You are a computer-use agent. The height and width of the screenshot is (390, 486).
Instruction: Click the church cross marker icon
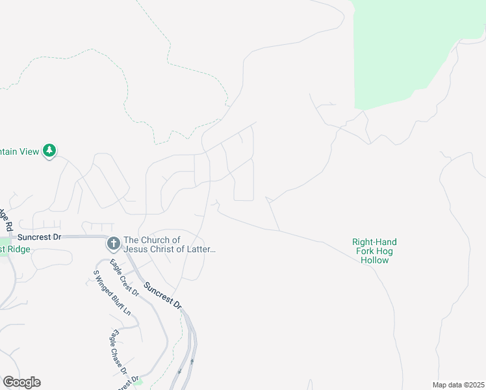pyautogui.click(x=113, y=244)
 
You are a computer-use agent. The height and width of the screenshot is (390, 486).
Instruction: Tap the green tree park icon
pyautogui.click(x=49, y=151)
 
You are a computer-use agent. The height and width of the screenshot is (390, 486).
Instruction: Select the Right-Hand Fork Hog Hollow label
pyautogui.click(x=374, y=251)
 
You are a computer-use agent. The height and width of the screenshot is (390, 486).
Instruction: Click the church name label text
pyautogui.click(x=169, y=244)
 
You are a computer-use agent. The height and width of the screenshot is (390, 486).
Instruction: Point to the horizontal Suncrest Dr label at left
pyautogui.click(x=39, y=237)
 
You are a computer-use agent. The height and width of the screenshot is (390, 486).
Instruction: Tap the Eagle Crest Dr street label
pyautogui.click(x=124, y=278)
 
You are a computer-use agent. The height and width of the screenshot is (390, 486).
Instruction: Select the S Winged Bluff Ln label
pyautogui.click(x=112, y=293)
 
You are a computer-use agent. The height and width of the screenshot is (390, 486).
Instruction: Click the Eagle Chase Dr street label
pyautogui.click(x=117, y=353)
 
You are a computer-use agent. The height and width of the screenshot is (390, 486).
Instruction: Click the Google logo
pyautogui.click(x=21, y=382)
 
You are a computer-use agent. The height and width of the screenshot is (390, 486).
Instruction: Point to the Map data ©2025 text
pyautogui.click(x=457, y=385)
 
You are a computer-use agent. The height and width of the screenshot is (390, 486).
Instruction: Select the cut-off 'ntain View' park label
pyautogui.click(x=19, y=151)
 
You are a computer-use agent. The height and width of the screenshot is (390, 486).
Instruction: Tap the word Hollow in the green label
pyautogui.click(x=374, y=260)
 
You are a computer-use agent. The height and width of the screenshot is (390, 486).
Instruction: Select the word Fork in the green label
pyautogui.click(x=365, y=251)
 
